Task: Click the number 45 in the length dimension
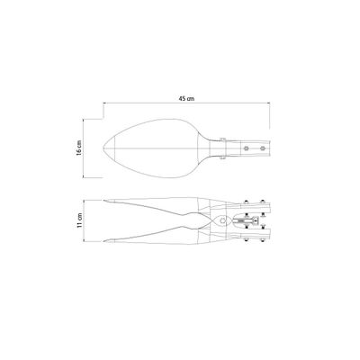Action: [x=182, y=99]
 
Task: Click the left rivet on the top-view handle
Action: [x=247, y=148]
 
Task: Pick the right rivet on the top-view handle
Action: [x=263, y=148]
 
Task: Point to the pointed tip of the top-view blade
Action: [x=103, y=148]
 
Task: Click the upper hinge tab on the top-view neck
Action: [x=222, y=139]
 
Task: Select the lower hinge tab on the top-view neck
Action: [x=222, y=157]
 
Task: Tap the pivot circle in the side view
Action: [x=222, y=220]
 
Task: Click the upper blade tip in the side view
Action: [x=103, y=201]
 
